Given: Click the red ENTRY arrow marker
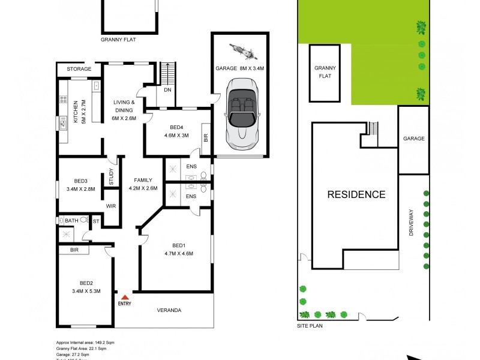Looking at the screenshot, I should (125, 296).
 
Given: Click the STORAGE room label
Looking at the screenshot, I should (79, 69).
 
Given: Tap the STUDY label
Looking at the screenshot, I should (111, 178).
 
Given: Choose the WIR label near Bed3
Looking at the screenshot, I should (111, 206).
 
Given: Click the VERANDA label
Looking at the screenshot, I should (169, 310).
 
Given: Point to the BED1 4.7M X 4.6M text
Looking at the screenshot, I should (178, 249).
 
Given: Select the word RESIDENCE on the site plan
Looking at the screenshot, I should (356, 194).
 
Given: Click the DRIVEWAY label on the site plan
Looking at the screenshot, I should (412, 225).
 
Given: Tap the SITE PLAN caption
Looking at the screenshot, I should (310, 327).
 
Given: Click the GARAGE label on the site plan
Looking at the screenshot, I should (413, 139).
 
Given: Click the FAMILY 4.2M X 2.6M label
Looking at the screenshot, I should (143, 184).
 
